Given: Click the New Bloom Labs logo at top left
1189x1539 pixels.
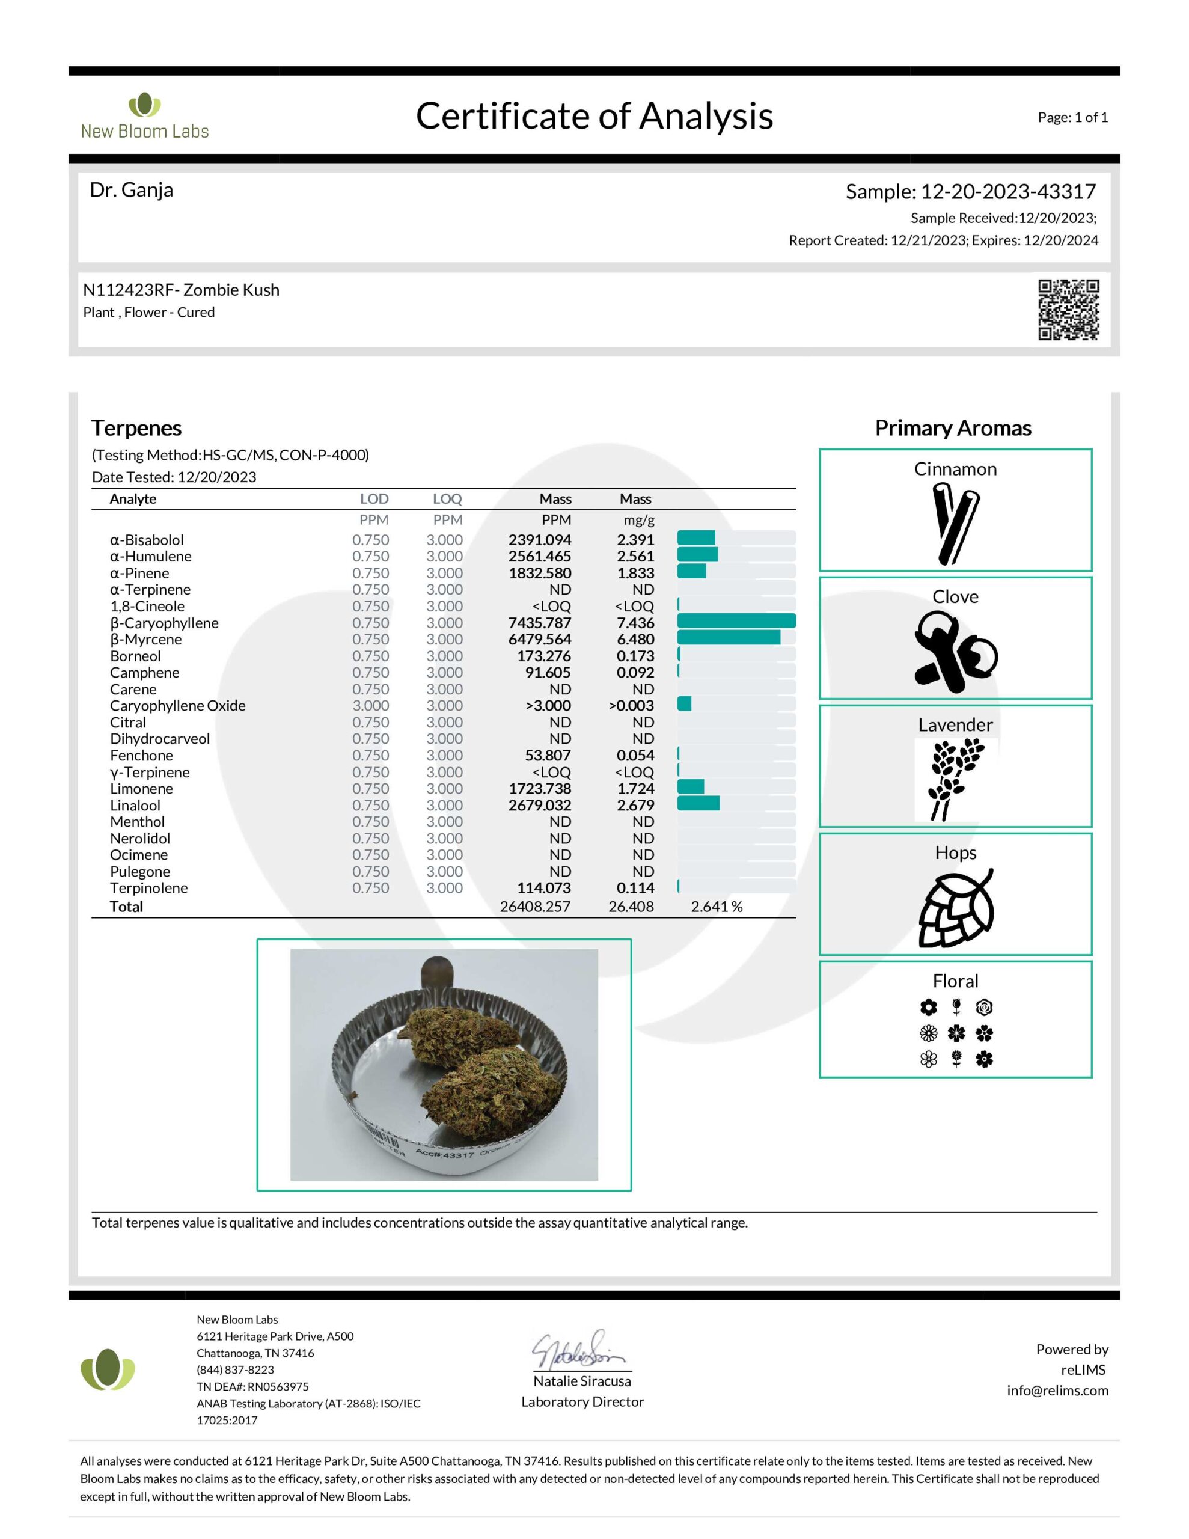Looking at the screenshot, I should (x=144, y=115).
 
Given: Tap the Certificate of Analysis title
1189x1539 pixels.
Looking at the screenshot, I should (x=593, y=115).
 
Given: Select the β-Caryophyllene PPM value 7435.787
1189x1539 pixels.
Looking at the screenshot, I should (x=539, y=623).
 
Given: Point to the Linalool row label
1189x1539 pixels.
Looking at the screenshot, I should (x=135, y=806).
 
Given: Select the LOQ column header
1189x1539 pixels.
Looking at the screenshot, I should (x=447, y=499).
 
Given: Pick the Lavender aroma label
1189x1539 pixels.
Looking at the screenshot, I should (x=955, y=724).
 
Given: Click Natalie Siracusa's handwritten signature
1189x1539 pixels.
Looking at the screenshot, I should (x=578, y=1350).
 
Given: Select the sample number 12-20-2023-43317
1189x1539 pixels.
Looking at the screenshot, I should (x=1008, y=192).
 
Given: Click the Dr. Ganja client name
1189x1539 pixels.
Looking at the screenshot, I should (x=131, y=190).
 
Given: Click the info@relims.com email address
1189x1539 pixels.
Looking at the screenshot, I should (x=1057, y=1391).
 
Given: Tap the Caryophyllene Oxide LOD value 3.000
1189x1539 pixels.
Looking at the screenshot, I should (x=370, y=705).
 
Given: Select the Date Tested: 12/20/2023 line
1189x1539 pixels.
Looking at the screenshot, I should (x=174, y=477).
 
